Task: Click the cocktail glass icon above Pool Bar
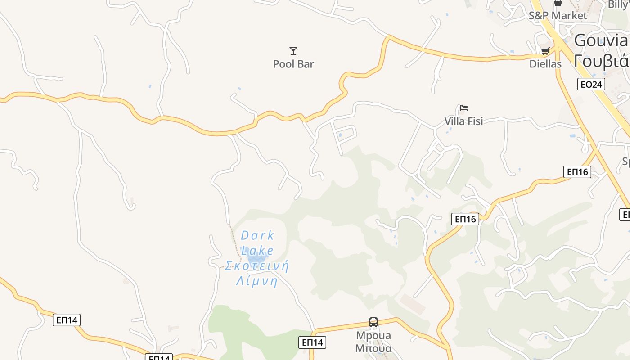click(293, 51)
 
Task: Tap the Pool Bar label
click(293, 64)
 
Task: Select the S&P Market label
click(558, 16)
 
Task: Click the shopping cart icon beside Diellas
click(545, 51)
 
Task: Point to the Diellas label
click(545, 64)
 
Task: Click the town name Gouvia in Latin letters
click(601, 40)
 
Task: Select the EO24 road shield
click(591, 84)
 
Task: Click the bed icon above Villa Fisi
click(464, 108)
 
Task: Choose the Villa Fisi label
click(463, 121)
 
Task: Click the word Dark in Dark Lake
click(257, 235)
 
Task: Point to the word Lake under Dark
click(257, 251)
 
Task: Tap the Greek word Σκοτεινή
click(257, 266)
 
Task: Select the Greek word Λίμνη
click(257, 282)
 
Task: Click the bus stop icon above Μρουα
click(373, 322)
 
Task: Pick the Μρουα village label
click(373, 336)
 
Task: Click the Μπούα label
click(373, 348)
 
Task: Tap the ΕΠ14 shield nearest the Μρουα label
click(312, 342)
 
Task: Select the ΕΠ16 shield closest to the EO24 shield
click(577, 171)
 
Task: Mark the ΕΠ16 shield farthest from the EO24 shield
click(465, 219)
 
